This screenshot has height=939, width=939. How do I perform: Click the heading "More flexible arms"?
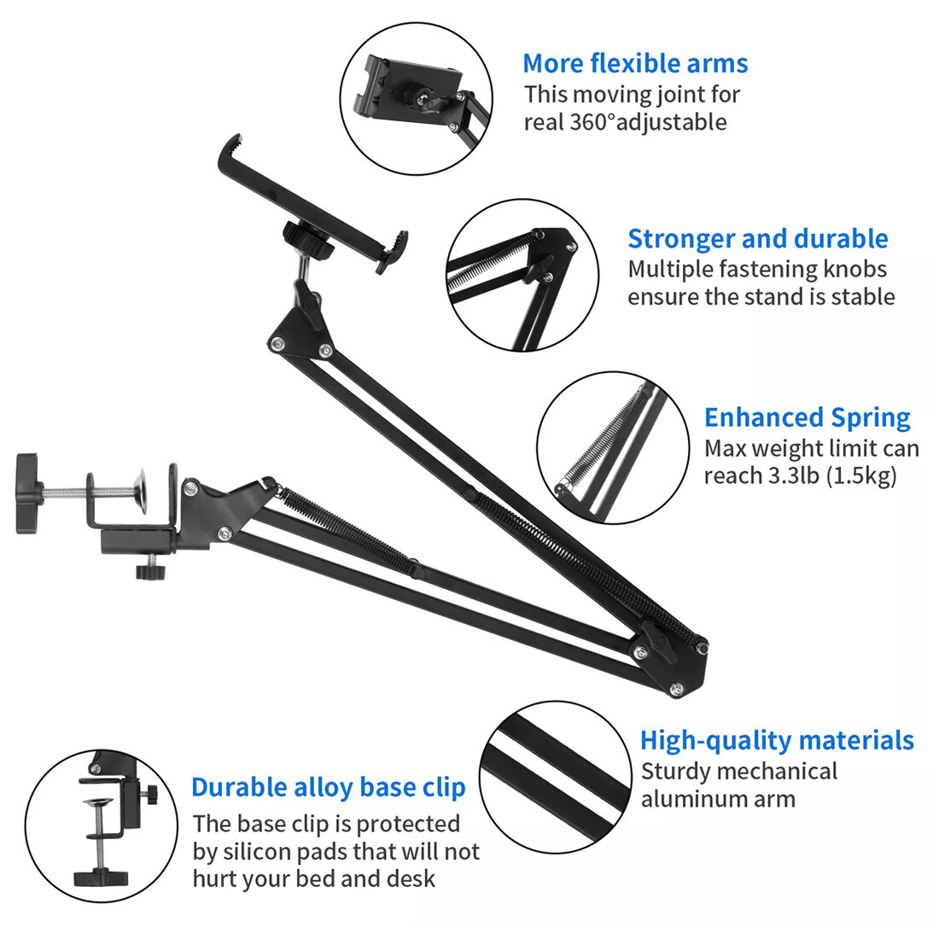[635, 63]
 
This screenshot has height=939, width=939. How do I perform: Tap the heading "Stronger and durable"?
[757, 238]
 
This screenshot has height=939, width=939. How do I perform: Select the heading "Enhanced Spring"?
[808, 418]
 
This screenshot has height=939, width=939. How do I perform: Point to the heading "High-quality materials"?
[777, 741]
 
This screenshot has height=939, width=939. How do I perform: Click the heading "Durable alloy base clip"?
[328, 788]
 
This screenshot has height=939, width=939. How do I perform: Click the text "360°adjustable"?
[648, 122]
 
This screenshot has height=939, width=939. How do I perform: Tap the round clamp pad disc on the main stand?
[142, 492]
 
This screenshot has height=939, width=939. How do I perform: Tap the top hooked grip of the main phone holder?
[230, 148]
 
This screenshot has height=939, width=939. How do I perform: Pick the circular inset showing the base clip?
[102, 826]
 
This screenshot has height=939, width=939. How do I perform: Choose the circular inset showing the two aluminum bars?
[556, 778]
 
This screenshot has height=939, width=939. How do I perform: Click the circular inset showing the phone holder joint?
[417, 99]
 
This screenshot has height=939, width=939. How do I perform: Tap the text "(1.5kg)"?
[862, 475]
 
